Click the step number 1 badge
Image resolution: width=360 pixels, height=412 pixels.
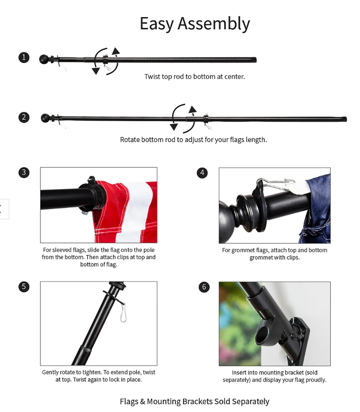click(x=24, y=57)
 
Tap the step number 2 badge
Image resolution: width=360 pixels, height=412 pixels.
click(x=24, y=117)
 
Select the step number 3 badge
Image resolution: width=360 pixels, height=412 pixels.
click(x=24, y=173)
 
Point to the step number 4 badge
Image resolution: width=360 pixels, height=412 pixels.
click(x=202, y=173)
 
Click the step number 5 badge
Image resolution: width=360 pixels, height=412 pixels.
click(x=24, y=287)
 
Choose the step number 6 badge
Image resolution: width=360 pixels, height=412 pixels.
click(x=204, y=287)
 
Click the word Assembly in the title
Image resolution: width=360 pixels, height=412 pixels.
click(x=213, y=24)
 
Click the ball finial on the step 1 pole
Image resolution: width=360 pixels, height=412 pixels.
click(x=44, y=60)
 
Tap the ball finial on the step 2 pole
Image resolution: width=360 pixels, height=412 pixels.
click(x=45, y=118)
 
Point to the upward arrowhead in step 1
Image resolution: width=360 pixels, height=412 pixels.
click(x=116, y=51)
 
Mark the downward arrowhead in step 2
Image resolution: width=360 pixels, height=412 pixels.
click(x=173, y=127)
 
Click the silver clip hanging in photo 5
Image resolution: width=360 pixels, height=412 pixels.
click(x=123, y=312)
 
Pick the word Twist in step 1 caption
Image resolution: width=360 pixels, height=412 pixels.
click(x=152, y=76)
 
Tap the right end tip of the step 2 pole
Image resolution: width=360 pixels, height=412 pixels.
click(x=346, y=119)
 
